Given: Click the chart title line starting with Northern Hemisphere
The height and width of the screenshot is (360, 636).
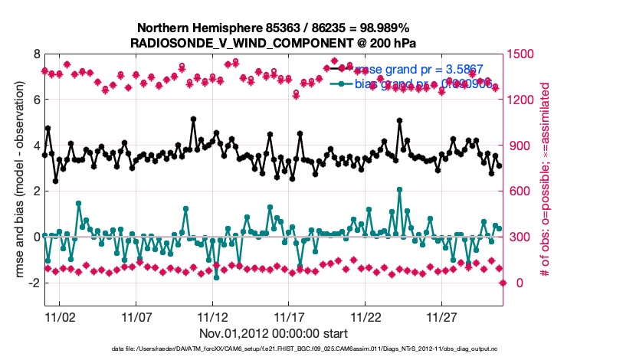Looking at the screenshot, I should click(x=272, y=28).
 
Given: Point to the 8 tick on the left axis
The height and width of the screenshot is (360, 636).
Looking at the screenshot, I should click(x=35, y=54).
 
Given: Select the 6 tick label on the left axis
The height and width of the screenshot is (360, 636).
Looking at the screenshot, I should click(x=35, y=100).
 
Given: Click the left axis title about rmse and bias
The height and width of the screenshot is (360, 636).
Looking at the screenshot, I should click(x=16, y=180).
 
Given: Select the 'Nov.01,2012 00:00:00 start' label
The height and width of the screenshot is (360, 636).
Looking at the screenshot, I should click(x=274, y=334).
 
